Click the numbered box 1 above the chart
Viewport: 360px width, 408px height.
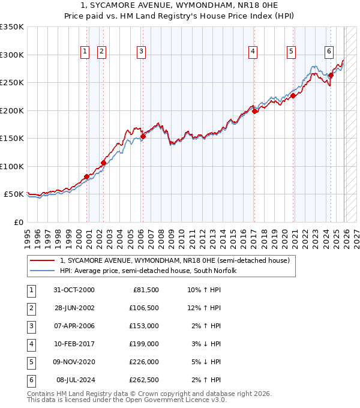click(x=85, y=52)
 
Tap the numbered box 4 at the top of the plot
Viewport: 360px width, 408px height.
click(x=253, y=52)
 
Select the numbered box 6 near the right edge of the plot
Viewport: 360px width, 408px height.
click(x=329, y=52)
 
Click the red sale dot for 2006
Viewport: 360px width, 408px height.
click(x=143, y=137)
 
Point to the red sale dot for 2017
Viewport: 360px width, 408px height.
click(x=254, y=111)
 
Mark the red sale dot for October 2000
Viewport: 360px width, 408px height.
click(x=86, y=176)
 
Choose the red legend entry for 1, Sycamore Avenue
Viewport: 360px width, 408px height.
click(x=174, y=260)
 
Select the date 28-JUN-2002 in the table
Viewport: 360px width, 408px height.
click(x=74, y=308)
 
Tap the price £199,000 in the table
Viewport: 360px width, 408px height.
click(x=145, y=344)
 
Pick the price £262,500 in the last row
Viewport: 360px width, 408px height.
click(x=145, y=380)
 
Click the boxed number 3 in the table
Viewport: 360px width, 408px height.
click(x=31, y=326)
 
